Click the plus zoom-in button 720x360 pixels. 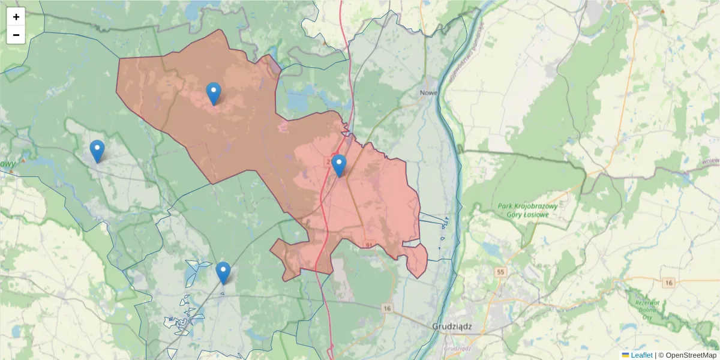coord(16,17)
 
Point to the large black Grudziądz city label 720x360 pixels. coord(452,327)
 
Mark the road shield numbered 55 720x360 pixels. coord(500,272)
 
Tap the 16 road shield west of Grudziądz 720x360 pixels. coord(387,308)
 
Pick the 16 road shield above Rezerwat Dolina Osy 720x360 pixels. coord(669,282)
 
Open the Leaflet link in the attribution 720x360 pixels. coord(641,355)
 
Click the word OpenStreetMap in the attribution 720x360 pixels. coord(691,355)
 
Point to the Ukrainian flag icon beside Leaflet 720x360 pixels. coord(625,355)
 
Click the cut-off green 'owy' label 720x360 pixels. coord(7,164)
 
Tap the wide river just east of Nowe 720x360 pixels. coord(451,96)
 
